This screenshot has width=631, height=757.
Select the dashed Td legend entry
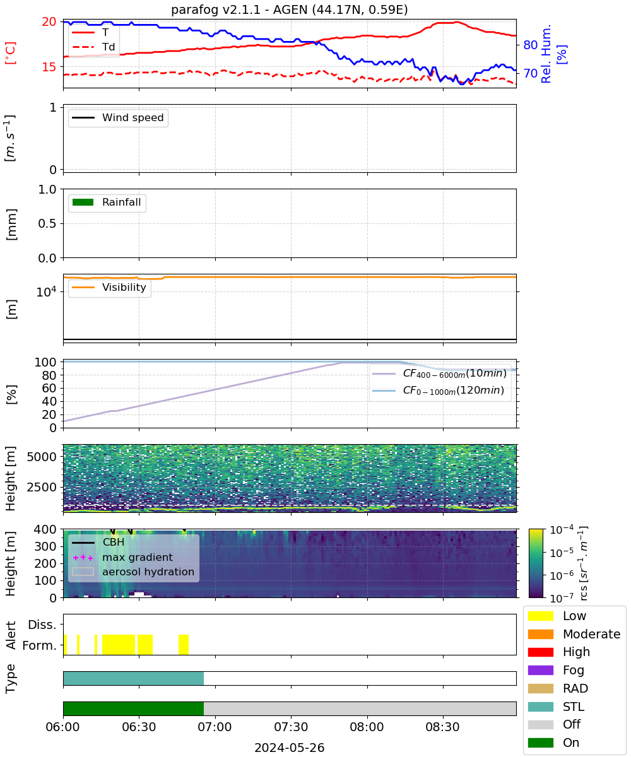tap(93, 47)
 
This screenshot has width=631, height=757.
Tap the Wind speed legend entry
tap(118, 117)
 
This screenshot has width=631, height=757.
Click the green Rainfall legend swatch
tap(83, 202)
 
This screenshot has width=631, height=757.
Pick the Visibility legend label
tap(124, 287)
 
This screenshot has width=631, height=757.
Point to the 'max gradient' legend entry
tap(123, 557)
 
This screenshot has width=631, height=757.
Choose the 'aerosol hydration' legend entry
tap(133, 572)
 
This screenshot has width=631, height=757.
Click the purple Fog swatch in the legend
tap(540, 670)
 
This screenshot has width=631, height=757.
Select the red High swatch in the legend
tap(540, 652)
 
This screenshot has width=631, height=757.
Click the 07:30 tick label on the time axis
tap(291, 727)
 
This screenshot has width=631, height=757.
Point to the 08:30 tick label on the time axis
tap(442, 727)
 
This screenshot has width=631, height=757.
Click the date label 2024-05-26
tap(290, 748)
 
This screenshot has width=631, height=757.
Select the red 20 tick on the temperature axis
tap(49, 21)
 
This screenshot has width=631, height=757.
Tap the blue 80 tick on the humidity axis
tap(530, 45)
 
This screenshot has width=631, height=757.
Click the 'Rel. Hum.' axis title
tap(546, 54)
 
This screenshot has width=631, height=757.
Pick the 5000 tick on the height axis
tap(42, 457)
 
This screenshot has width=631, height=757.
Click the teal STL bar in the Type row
tap(133, 678)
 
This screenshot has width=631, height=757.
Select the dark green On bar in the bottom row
tap(133, 708)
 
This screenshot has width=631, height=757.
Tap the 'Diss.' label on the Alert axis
tap(42, 625)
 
